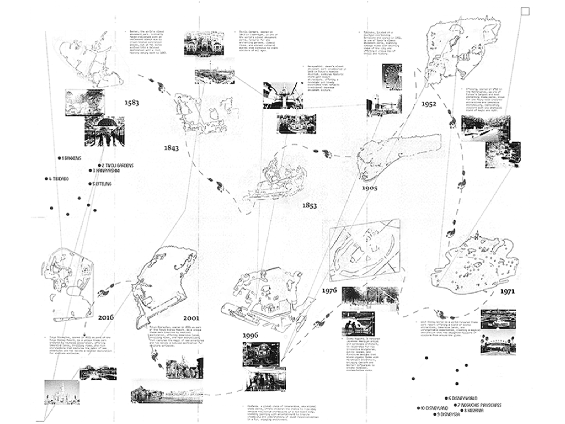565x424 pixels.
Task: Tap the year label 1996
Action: [x=250, y=335]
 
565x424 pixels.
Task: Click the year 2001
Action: [x=191, y=318]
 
